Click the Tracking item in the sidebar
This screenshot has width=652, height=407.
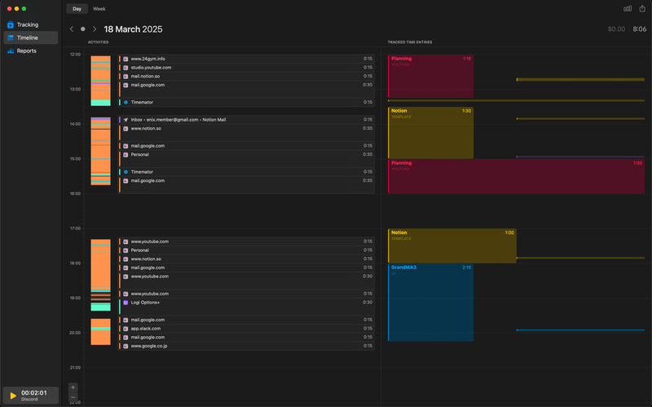pyautogui.click(x=27, y=24)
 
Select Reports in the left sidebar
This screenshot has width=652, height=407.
pyautogui.click(x=26, y=51)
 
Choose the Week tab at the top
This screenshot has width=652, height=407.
pyautogui.click(x=99, y=9)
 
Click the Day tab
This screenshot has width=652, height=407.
pyautogui.click(x=77, y=9)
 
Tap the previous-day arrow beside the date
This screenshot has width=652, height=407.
pyautogui.click(x=72, y=29)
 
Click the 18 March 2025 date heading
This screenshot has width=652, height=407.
pyautogui.click(x=133, y=29)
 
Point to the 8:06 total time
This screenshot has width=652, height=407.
pyautogui.click(x=639, y=29)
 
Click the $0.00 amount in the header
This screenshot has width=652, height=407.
pyautogui.click(x=616, y=29)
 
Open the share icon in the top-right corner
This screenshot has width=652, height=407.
pyautogui.click(x=642, y=9)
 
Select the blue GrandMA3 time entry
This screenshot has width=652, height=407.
pyautogui.click(x=430, y=302)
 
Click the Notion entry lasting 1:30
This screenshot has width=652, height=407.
pyautogui.click(x=430, y=132)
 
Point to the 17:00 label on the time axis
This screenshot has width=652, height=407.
pyautogui.click(x=75, y=228)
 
